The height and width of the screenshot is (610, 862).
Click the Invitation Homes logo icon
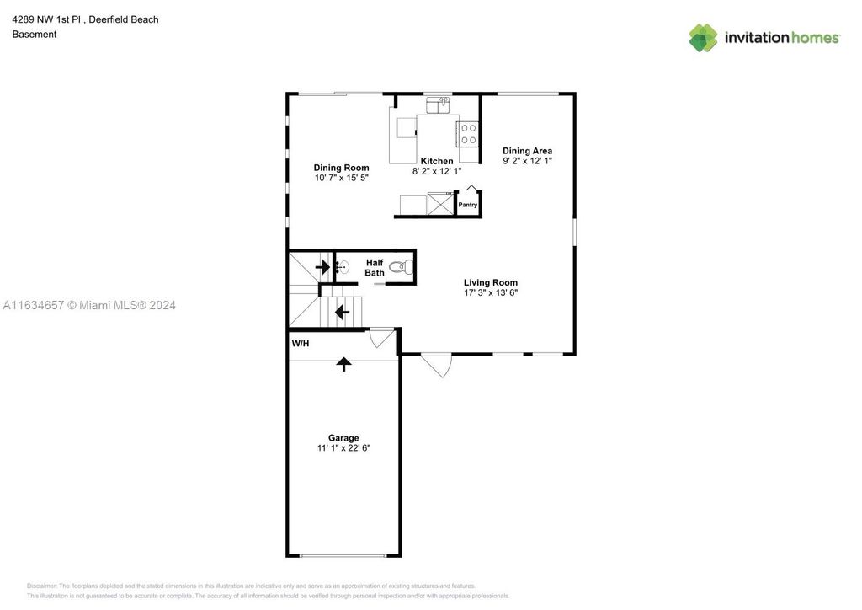[x=703, y=38]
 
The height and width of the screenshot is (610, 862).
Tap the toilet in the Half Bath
[x=404, y=268]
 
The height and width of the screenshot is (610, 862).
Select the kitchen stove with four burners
[x=468, y=134]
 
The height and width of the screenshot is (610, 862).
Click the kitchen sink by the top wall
[x=438, y=105]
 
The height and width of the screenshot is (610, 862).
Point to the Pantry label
[x=467, y=205]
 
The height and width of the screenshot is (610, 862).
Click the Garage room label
[x=343, y=438]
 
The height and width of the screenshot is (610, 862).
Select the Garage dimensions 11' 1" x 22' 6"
[x=343, y=448]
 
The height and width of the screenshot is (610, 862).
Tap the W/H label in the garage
[x=300, y=344]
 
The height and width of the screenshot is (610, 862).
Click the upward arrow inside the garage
[x=343, y=364]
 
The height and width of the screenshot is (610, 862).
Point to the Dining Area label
[x=527, y=151]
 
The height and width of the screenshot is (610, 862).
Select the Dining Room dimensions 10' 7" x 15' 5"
[x=341, y=178]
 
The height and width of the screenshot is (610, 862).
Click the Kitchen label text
[x=437, y=161]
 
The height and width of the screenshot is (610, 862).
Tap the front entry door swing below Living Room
[x=437, y=364]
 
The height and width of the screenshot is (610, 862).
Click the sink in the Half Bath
[x=342, y=269]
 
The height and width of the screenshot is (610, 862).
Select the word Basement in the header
[x=35, y=35]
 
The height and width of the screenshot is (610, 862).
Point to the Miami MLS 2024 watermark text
[x=88, y=305]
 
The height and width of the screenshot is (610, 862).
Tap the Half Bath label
[x=375, y=268]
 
